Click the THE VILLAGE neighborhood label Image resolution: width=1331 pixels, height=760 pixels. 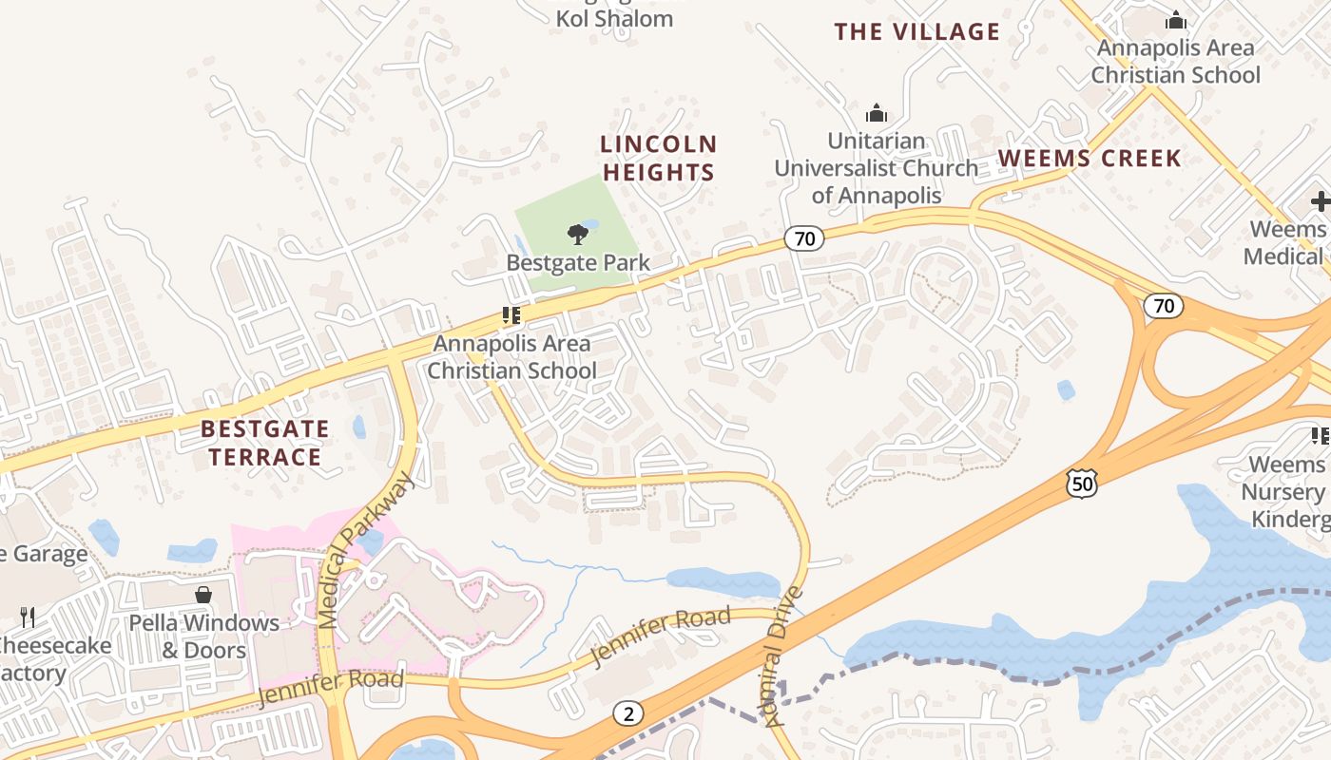[916, 32]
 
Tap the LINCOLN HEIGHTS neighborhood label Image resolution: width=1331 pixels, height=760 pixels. [658, 158]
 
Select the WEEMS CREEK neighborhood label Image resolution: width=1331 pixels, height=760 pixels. [1089, 159]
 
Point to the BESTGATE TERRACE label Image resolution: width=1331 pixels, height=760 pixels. [264, 443]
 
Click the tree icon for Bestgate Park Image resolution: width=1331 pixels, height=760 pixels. [577, 235]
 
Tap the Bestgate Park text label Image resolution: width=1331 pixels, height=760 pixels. [578, 263]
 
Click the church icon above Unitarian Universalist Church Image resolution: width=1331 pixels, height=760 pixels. [877, 114]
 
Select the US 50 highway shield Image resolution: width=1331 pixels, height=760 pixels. [1082, 484]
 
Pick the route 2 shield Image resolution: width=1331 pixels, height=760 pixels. [627, 713]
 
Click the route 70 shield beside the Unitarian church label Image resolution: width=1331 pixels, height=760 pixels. [804, 238]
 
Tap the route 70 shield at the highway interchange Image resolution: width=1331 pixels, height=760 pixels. [1164, 306]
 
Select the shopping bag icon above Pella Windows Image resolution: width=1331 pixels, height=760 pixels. [203, 596]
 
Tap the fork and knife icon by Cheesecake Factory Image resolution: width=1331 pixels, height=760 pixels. [28, 617]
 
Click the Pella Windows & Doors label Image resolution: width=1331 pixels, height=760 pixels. [205, 636]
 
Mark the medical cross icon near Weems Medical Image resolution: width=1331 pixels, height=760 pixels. [1320, 201]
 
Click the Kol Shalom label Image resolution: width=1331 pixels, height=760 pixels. [614, 18]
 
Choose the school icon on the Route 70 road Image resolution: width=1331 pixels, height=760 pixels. [512, 315]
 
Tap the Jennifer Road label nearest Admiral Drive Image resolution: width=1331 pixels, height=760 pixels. [660, 637]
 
